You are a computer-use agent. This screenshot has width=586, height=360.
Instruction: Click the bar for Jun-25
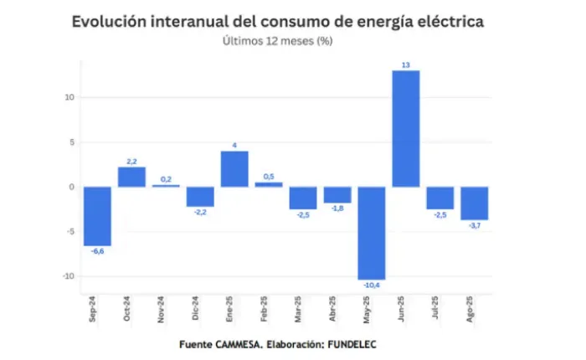(x=406, y=128)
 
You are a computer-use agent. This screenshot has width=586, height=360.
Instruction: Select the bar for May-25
(x=372, y=233)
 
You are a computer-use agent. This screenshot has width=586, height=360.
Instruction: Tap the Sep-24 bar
(x=97, y=216)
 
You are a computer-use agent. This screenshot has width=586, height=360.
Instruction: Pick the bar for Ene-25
(x=234, y=168)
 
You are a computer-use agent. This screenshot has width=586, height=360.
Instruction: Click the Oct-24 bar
(x=131, y=177)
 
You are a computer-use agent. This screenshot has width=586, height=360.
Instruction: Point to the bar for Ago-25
(x=475, y=203)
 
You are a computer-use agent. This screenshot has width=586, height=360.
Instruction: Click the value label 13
(x=406, y=64)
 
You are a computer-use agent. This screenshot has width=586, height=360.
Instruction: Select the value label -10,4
(x=372, y=285)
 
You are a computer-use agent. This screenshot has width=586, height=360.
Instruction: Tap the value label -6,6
(x=97, y=251)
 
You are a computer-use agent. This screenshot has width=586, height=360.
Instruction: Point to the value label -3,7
(x=475, y=225)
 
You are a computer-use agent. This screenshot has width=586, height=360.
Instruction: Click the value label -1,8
(x=337, y=208)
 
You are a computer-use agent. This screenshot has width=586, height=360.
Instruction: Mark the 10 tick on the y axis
(x=69, y=97)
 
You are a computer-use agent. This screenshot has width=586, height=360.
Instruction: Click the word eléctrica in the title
(x=445, y=21)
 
